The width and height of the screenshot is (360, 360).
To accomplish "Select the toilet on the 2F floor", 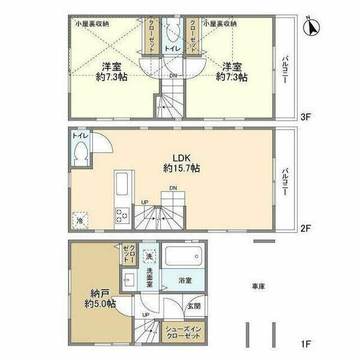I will [x=80, y=154].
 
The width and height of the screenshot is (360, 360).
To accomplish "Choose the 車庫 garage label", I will [x=259, y=287].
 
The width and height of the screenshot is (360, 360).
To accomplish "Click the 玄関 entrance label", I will [x=193, y=306].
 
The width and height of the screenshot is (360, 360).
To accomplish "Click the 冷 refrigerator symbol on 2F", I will [x=80, y=220].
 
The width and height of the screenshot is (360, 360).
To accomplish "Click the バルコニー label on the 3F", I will [x=287, y=66].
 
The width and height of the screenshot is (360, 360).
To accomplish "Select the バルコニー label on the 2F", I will [x=287, y=179].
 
